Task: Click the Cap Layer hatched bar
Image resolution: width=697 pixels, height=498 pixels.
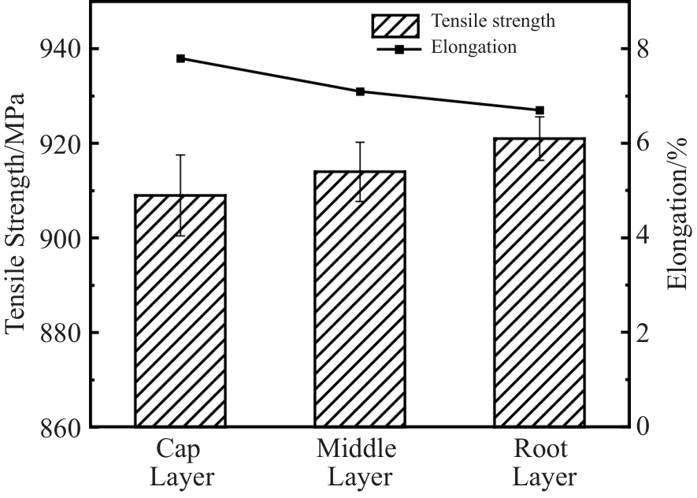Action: [x=180, y=310]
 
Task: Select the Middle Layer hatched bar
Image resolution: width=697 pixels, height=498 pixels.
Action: [x=360, y=299]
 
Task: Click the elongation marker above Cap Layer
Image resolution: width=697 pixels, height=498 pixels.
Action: [x=180, y=58]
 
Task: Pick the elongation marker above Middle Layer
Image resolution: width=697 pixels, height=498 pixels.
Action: [x=360, y=91]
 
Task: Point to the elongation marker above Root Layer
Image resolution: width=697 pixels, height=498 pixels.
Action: [x=539, y=110]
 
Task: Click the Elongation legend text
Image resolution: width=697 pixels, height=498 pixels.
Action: [x=474, y=47]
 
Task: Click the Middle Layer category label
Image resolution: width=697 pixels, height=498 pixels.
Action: [x=359, y=463]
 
